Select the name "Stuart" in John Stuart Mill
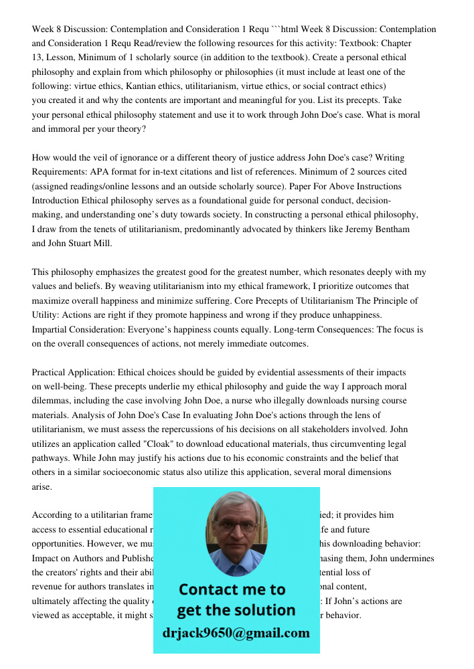80,244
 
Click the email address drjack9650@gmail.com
236,633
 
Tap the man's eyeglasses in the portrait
236,527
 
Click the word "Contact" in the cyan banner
213,589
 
